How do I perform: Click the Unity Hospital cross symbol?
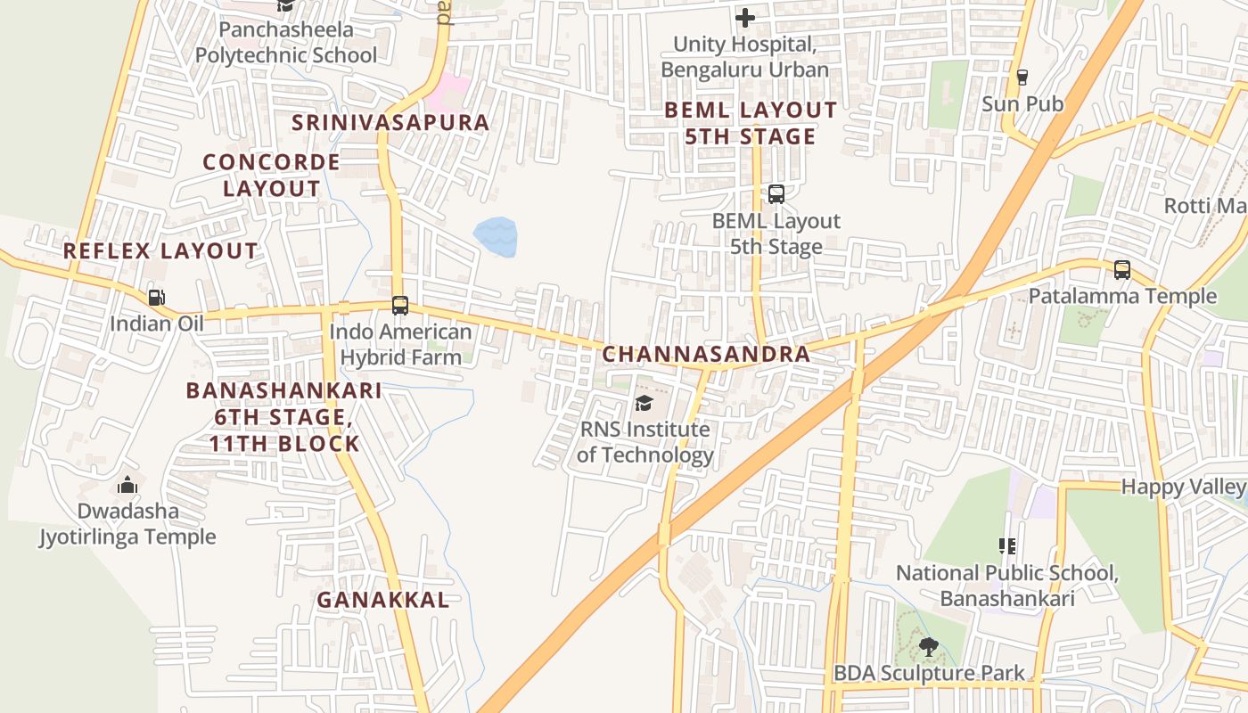point(745,17)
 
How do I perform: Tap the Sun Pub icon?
point(1022,78)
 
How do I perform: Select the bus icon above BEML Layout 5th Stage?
point(776,193)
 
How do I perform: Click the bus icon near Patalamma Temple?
point(1121,269)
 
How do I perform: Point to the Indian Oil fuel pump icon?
point(156,297)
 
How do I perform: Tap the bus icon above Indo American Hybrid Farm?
point(400,306)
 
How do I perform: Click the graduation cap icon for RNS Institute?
point(644,403)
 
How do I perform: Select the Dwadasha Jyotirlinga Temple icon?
point(127,485)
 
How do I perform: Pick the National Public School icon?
point(1007,545)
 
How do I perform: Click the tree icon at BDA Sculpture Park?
point(928,647)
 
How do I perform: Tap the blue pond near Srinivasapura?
point(496,237)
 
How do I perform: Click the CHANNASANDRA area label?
point(706,354)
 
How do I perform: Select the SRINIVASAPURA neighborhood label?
point(390,122)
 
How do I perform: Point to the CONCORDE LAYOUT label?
point(271,175)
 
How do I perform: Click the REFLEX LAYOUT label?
point(160,251)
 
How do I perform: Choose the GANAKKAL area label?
point(383,600)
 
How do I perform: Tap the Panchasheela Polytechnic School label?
point(286,42)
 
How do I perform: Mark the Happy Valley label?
point(1183,487)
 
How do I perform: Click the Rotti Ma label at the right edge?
point(1205,207)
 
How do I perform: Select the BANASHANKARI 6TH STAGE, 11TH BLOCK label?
point(284,416)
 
